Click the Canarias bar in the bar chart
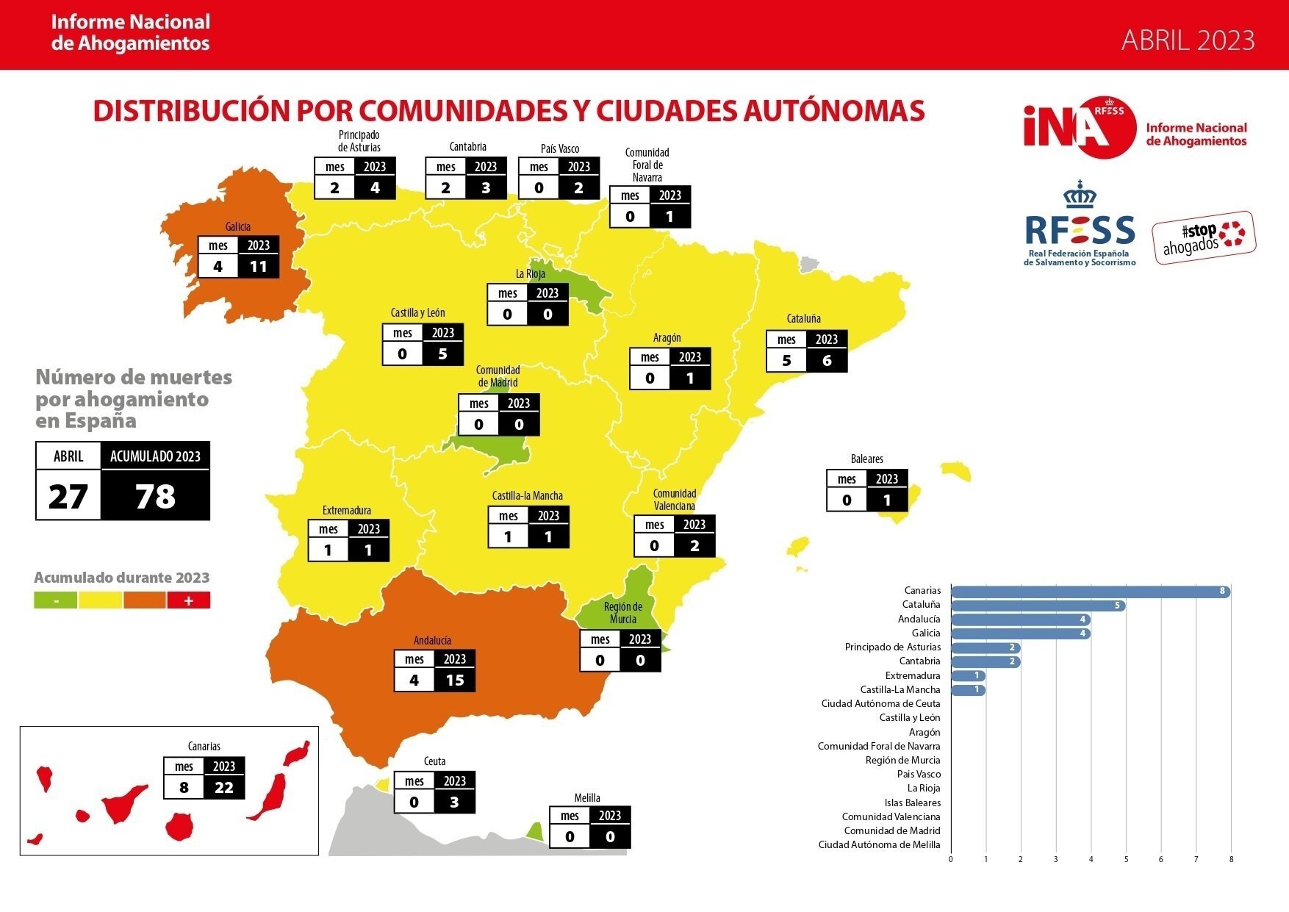pos(1089,591)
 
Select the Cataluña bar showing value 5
pos(1037,606)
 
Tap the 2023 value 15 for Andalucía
pos(455,681)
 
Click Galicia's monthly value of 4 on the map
pos(218,267)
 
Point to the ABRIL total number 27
pos(68,497)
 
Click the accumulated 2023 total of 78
pos(155,497)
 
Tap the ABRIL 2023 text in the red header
pos(1188,40)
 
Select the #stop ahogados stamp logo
pos(1203,238)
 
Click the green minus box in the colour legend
pos(56,600)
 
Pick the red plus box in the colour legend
pos(188,600)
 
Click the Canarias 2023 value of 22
pos(224,788)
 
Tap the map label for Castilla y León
pos(417,313)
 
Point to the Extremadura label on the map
pos(347,510)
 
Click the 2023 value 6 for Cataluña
pos(827,361)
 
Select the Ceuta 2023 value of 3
pos(454,803)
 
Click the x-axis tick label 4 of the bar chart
pos(1091,859)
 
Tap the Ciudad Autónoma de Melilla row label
pos(879,845)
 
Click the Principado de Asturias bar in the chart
pos(985,647)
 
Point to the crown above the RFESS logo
pos(1080,195)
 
